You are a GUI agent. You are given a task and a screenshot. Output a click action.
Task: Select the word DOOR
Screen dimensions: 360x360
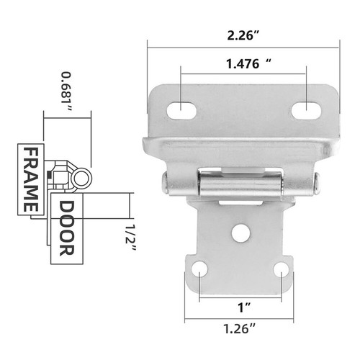(x=66, y=228)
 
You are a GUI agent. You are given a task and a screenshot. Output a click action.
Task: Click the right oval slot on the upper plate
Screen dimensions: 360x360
(x=305, y=109)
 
